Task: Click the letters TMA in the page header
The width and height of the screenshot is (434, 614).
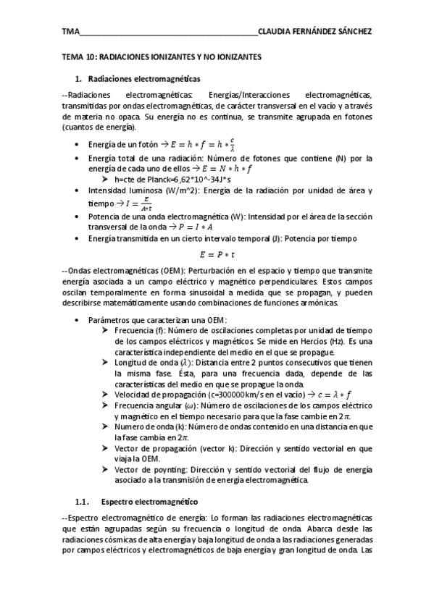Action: tap(71, 31)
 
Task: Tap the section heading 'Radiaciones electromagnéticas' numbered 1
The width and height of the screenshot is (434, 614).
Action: tap(144, 77)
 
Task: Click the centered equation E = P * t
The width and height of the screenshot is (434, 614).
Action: tap(217, 254)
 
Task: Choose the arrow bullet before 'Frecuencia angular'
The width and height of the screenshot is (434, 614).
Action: tap(107, 405)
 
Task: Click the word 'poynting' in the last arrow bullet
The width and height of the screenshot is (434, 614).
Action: tap(158, 470)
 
